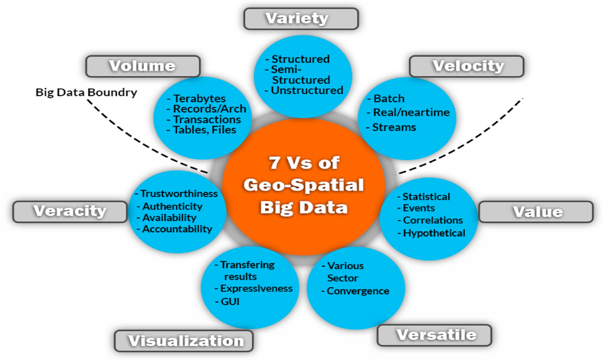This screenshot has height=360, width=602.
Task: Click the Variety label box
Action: [x=300, y=19]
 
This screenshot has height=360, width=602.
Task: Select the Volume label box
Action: [x=142, y=66]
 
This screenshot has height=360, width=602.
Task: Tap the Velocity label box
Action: [x=467, y=66]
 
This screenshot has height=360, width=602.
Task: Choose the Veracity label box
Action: [x=70, y=211]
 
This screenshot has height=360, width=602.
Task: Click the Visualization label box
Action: [x=184, y=341]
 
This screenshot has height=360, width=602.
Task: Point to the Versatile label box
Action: [x=434, y=334]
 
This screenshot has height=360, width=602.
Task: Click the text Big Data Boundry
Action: [x=86, y=93]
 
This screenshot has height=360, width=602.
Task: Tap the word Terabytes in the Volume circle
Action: [x=200, y=98]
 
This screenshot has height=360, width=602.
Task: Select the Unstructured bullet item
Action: [x=307, y=91]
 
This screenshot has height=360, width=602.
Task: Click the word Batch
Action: [x=389, y=98]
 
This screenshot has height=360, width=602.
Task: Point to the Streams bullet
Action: [x=394, y=127]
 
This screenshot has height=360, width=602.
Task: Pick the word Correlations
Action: [x=433, y=220]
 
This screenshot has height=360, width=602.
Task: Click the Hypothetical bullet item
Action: [x=434, y=233]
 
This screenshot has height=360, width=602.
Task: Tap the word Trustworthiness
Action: [x=179, y=194]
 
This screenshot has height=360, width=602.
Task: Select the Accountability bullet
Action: [x=177, y=229]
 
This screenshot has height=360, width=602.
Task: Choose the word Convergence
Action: [x=358, y=291]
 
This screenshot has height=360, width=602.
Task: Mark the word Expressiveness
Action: [x=256, y=288]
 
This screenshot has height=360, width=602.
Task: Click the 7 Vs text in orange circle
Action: [x=304, y=163]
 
